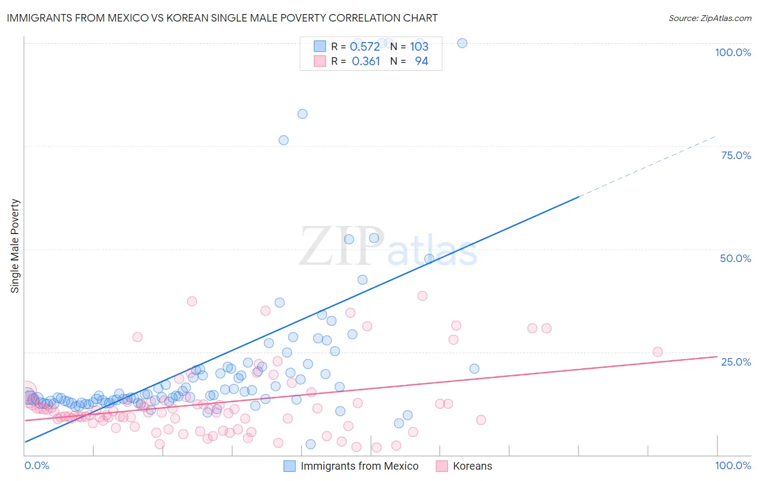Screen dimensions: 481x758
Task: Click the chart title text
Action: (x=222, y=18)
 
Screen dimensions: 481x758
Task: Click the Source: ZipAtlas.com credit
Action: (x=709, y=18)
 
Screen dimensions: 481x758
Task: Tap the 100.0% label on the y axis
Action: (x=733, y=52)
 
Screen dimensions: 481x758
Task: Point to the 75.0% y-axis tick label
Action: (x=736, y=155)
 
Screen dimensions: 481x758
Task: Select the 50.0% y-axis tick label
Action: (x=735, y=258)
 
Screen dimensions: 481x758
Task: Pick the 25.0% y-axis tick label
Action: (x=736, y=361)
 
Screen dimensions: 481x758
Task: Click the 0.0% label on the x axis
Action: (x=37, y=465)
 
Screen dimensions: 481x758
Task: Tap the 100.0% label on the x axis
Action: (x=733, y=465)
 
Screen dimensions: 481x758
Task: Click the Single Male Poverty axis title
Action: (x=15, y=246)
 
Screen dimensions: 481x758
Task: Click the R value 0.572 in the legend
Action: (x=365, y=46)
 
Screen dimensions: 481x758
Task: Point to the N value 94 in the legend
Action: (x=421, y=61)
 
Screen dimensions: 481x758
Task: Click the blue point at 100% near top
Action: (x=462, y=43)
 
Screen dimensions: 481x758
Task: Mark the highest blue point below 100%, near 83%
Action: (x=302, y=114)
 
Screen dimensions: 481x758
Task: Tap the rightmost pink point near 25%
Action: (x=657, y=352)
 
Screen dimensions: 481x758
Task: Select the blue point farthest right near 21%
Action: (x=474, y=369)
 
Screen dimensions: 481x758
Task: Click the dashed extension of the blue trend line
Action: (x=647, y=166)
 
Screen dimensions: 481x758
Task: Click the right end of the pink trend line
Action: (x=716, y=356)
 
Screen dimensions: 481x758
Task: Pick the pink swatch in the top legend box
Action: (x=320, y=61)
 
